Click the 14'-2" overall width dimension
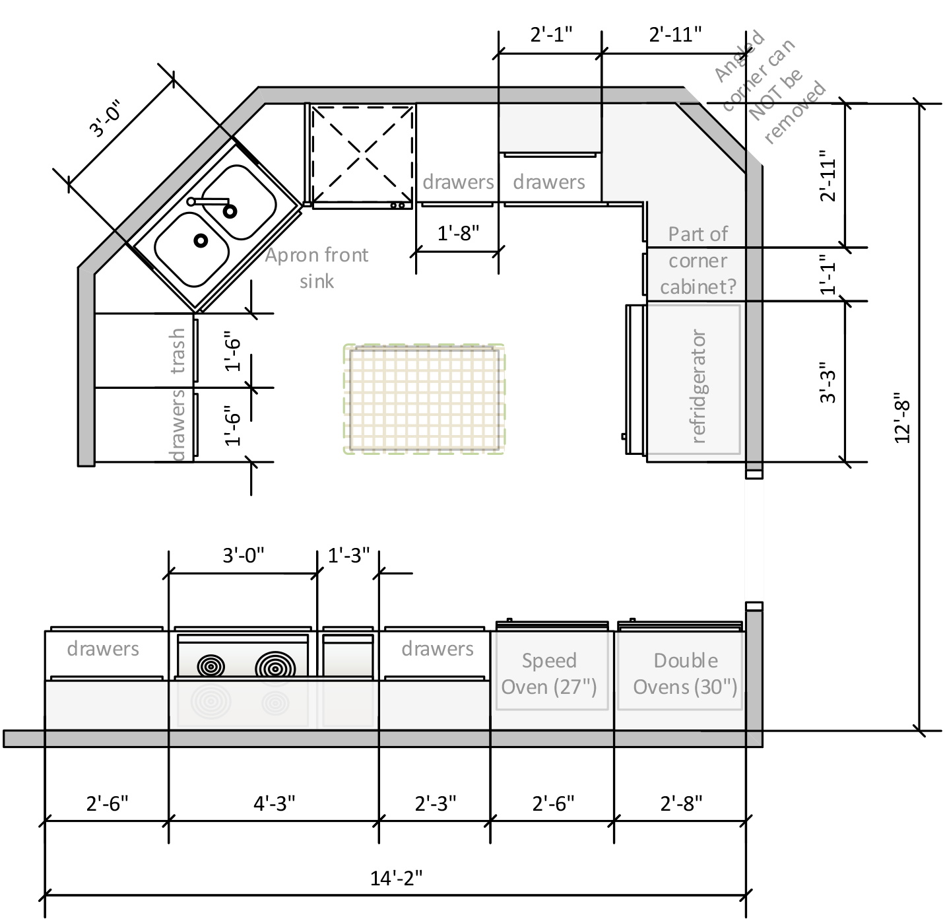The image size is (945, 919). [396, 877]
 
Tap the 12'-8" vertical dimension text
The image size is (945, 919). [902, 418]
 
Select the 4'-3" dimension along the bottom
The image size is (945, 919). [275, 803]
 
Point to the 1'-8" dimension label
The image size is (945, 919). [458, 233]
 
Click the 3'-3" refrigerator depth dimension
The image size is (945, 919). [828, 382]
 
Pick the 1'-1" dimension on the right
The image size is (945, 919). [828, 275]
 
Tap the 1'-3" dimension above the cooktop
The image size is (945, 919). [348, 555]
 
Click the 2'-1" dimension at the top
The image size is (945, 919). [551, 34]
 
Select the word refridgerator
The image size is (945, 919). [698, 386]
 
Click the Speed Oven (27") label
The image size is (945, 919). [549, 673]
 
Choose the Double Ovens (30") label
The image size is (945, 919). [685, 673]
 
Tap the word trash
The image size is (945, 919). [178, 351]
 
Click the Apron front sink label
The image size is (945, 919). [317, 267]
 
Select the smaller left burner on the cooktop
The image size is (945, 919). [211, 666]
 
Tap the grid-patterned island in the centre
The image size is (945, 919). [424, 398]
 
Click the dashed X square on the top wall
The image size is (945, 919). [362, 154]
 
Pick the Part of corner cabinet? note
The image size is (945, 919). [698, 260]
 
